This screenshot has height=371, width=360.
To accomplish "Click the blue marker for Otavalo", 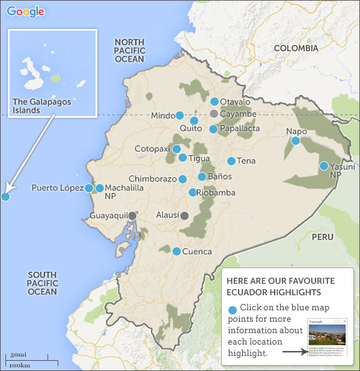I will click(x=215, y=101).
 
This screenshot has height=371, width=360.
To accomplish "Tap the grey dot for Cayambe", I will click(x=213, y=114).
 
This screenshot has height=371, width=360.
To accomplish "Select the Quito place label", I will click(x=191, y=128).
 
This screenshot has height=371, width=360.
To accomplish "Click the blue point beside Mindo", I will click(x=180, y=115).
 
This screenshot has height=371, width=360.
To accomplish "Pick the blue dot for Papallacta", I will click(x=213, y=129).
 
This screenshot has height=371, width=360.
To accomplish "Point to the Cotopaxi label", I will click(x=152, y=149).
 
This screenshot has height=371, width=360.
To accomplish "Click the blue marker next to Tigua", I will click(x=183, y=158).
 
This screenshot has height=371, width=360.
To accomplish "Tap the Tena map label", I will click(x=246, y=161).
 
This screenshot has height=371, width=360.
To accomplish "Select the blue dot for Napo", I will click(x=296, y=141).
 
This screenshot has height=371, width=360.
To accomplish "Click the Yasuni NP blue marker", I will click(x=324, y=166).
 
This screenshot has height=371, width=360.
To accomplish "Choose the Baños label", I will click(x=219, y=177).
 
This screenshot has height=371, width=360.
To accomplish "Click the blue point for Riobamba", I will click(x=192, y=192).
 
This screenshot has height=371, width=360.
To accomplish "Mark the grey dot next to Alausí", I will click(x=185, y=215).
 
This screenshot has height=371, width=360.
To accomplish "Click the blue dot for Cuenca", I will click(x=177, y=251).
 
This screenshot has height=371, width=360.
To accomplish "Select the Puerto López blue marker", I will click(x=89, y=188).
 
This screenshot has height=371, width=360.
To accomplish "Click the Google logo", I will click(x=25, y=11).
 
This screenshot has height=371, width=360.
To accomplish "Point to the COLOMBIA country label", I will click(x=296, y=48).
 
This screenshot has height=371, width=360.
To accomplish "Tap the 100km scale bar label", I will click(x=20, y=365).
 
